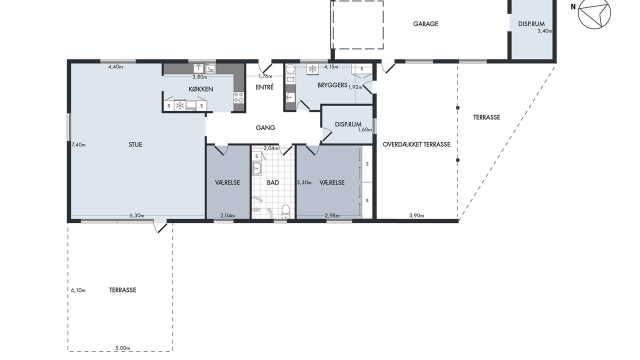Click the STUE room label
135,144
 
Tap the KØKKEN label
201,89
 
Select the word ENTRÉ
264,87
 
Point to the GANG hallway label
265,127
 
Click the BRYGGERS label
332,85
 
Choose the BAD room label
273,182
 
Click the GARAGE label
425,24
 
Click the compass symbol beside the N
594,13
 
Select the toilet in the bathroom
285,211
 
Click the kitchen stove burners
239,97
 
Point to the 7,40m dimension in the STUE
78,145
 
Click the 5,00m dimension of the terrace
122,348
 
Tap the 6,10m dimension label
78,290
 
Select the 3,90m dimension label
416,215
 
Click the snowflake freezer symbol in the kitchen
179,105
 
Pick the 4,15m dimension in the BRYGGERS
331,67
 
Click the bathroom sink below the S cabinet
257,168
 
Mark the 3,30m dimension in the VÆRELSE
304,182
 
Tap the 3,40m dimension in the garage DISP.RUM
545,31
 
